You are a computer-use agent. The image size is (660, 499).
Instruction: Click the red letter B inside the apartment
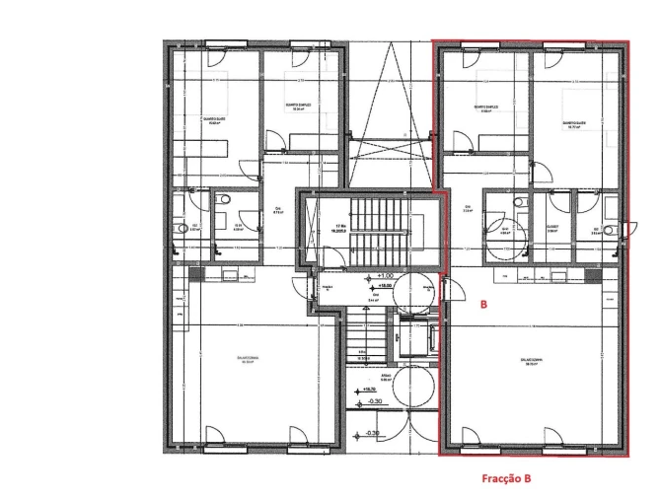(483, 306)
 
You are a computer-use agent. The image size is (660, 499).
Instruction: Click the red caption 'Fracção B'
(505, 477)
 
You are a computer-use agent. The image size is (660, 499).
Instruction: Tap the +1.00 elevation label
(385, 276)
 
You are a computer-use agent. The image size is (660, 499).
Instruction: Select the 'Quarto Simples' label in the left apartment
(298, 107)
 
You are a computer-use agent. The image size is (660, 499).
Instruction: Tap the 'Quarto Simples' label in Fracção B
(484, 107)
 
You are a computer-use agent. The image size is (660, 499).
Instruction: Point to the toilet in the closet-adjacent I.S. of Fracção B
(520, 200)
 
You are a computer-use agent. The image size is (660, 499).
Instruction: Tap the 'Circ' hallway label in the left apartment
(277, 209)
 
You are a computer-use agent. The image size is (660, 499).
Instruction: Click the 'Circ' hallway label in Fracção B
(468, 207)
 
